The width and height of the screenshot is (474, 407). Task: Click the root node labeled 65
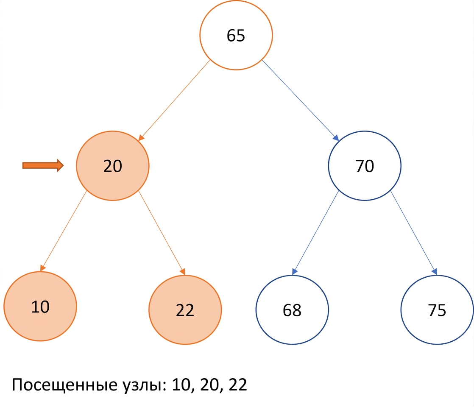(x=236, y=35)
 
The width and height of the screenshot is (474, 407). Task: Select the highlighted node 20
(x=112, y=166)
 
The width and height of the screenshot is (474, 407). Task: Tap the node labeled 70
(x=365, y=166)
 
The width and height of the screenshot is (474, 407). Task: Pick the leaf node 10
(x=40, y=306)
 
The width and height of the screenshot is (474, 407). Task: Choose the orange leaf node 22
(x=185, y=309)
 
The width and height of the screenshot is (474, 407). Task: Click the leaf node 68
(x=292, y=309)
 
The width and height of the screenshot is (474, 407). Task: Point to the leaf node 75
(x=437, y=309)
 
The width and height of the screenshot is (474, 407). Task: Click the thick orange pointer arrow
(x=43, y=165)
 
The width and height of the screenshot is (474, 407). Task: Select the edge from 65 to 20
(x=174, y=100)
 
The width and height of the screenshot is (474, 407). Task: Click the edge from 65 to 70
(x=300, y=100)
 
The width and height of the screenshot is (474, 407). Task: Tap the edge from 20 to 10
(x=64, y=231)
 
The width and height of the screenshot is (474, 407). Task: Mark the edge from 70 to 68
(x=315, y=233)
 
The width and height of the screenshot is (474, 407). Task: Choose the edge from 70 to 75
(x=414, y=233)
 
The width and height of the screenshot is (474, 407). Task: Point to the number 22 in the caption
(x=237, y=385)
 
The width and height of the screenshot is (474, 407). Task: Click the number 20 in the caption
(x=209, y=385)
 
